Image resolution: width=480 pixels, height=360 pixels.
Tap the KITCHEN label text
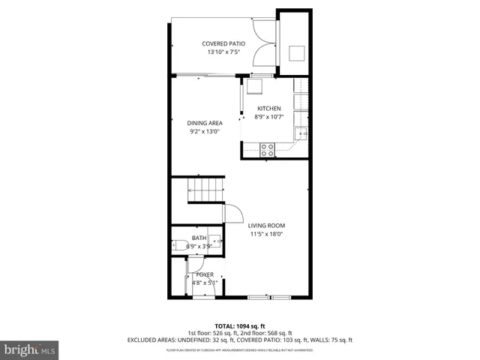[268, 109]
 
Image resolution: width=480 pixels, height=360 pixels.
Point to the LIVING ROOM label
[268, 225]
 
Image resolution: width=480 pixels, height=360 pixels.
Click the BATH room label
[199, 237]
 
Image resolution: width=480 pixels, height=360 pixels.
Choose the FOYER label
[204, 274]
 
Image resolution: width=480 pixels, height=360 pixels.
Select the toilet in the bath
[178, 245]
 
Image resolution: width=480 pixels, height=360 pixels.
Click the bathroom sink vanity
[213, 243]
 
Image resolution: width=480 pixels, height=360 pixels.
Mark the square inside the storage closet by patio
[297, 52]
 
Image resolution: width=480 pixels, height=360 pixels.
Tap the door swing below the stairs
[231, 214]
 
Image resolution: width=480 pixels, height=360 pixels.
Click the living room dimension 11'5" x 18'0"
[268, 234]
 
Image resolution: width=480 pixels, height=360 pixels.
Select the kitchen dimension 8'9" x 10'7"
[268, 117]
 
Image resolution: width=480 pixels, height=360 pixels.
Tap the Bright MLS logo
[30, 349]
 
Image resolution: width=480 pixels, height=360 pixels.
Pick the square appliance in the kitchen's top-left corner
[255, 86]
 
